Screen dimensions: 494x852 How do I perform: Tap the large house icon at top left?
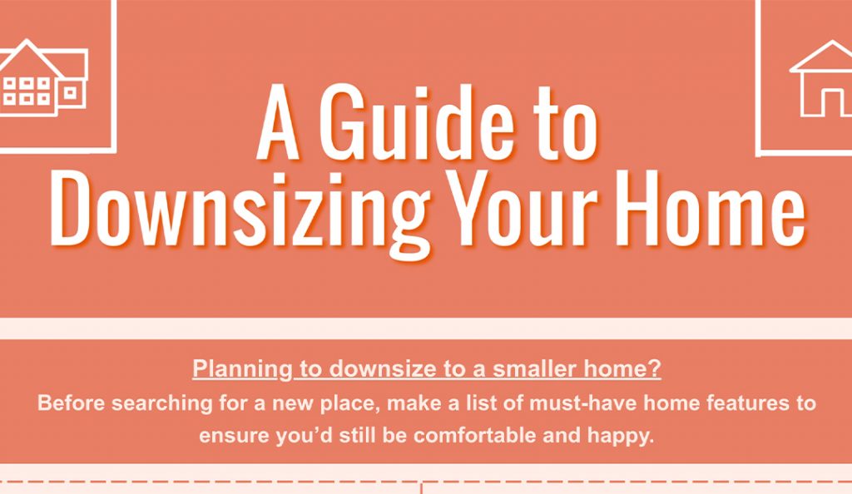[x=43, y=77]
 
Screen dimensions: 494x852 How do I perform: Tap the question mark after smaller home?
[x=656, y=369]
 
